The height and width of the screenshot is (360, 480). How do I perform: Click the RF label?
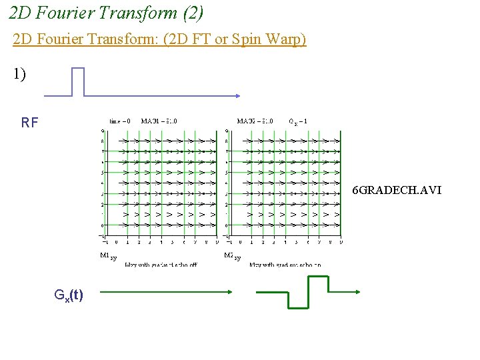tap(30, 123)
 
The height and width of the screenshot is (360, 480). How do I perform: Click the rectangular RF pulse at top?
tap(78, 81)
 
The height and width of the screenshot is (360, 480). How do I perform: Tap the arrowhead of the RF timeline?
tap(237, 95)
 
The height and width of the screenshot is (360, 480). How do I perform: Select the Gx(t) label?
tap(69, 294)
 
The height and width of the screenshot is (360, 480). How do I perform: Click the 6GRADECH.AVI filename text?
tap(397, 191)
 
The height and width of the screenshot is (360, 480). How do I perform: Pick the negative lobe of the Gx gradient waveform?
tap(298, 301)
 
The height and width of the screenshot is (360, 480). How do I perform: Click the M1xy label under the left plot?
tap(108, 256)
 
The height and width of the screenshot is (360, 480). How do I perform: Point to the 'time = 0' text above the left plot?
tap(120, 121)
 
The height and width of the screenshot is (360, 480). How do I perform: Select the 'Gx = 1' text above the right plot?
tap(297, 121)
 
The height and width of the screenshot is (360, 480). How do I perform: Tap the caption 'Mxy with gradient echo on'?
tap(285, 265)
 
